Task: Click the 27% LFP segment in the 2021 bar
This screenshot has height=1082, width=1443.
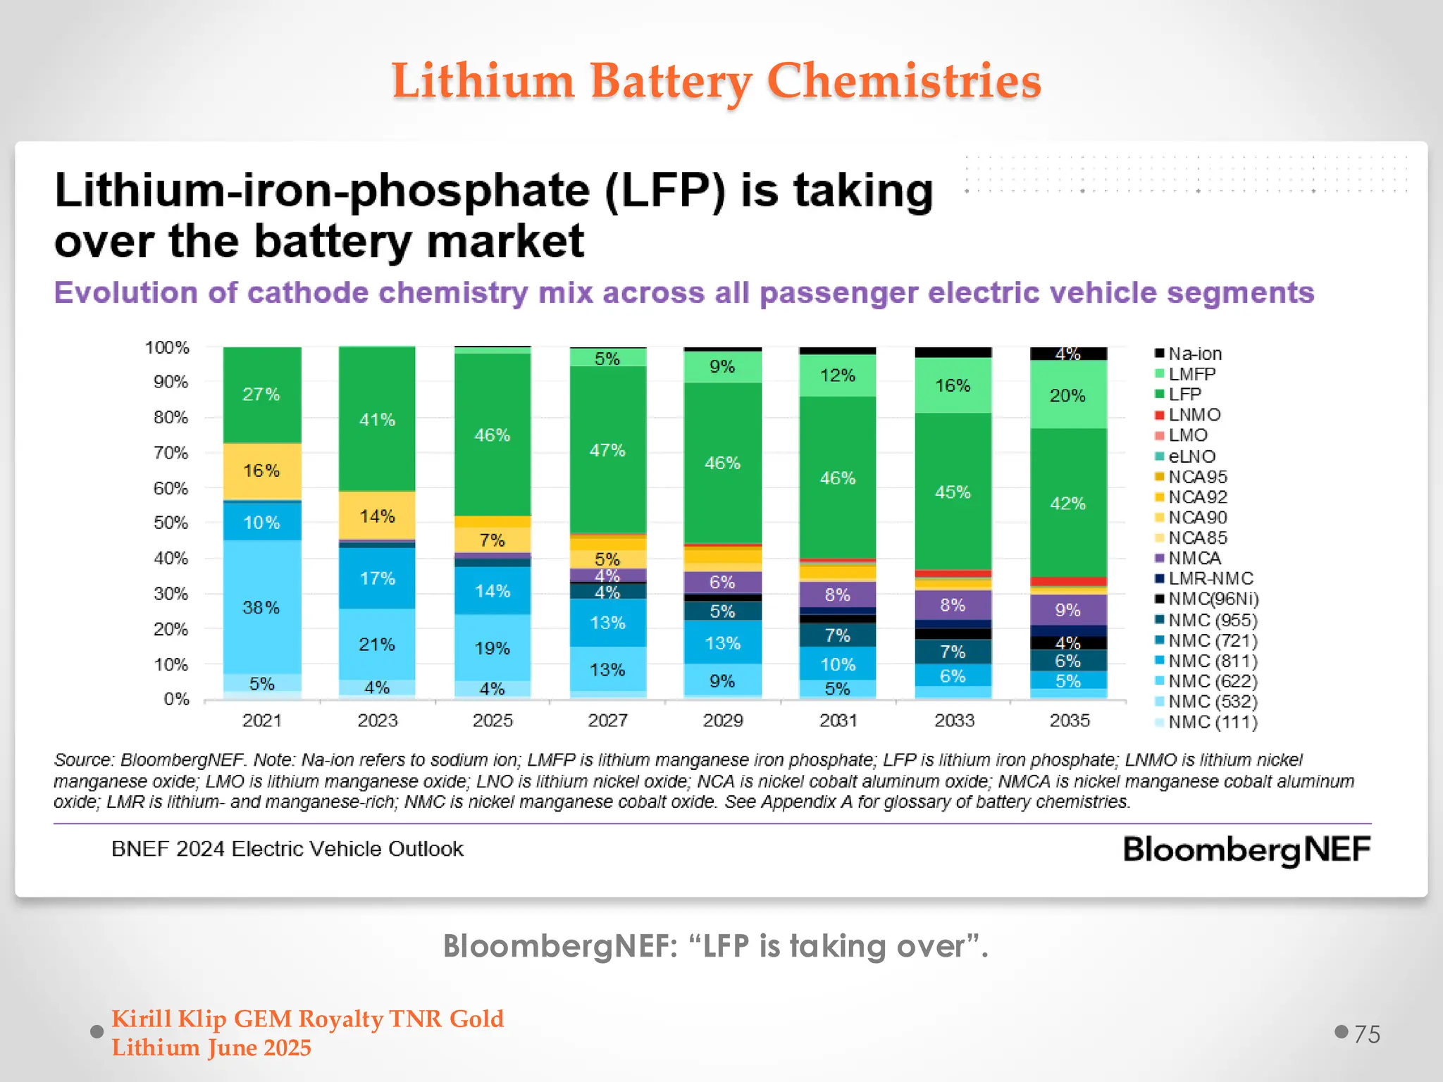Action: (261, 394)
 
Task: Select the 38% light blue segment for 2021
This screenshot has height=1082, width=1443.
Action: (261, 607)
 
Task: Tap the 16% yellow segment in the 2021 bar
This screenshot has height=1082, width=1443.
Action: (261, 471)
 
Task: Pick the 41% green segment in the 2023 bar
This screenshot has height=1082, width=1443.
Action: (377, 420)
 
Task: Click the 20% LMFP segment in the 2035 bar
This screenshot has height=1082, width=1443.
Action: (1068, 395)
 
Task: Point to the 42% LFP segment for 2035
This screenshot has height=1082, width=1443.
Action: (1068, 503)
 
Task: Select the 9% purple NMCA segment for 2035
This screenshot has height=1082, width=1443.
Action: (1068, 610)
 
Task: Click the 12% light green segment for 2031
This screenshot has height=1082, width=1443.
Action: (837, 375)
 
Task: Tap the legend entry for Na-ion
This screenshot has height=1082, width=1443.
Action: (1194, 354)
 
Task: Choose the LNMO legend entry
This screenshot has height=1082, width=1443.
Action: (1194, 415)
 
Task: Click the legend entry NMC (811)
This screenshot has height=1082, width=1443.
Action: (1212, 661)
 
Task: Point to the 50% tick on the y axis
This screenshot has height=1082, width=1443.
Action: (171, 523)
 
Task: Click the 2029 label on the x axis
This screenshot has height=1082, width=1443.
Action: (723, 720)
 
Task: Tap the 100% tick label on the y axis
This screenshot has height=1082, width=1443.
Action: (167, 347)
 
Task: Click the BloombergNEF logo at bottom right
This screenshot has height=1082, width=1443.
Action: (1246, 850)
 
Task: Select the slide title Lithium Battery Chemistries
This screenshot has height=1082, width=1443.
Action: (716, 80)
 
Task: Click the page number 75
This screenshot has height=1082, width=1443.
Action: (1366, 1034)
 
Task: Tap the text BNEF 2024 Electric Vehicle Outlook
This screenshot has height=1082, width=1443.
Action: (287, 849)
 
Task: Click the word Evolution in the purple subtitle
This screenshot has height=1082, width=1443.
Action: (125, 292)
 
